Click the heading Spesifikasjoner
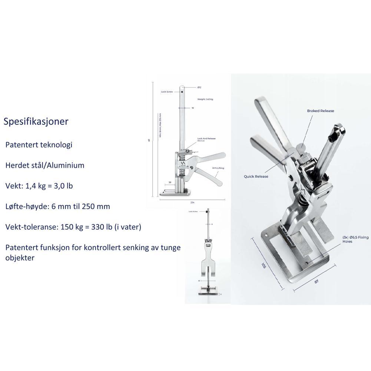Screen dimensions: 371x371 point(36,122)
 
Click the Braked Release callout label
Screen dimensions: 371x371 point(320,111)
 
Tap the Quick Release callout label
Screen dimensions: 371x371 point(256,176)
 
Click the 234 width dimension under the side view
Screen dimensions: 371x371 point(192,202)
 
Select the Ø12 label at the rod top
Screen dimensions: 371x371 point(199,87)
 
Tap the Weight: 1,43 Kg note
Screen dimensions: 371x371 point(205,99)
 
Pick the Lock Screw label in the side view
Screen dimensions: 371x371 point(167,91)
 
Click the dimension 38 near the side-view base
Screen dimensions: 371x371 point(170,183)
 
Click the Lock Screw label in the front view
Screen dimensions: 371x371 point(193,211)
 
